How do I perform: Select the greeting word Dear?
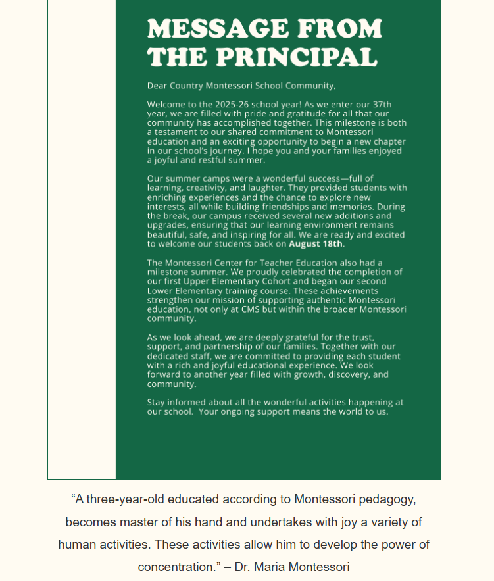point(157,86)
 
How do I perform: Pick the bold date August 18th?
point(316,244)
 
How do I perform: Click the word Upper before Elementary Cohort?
point(199,281)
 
